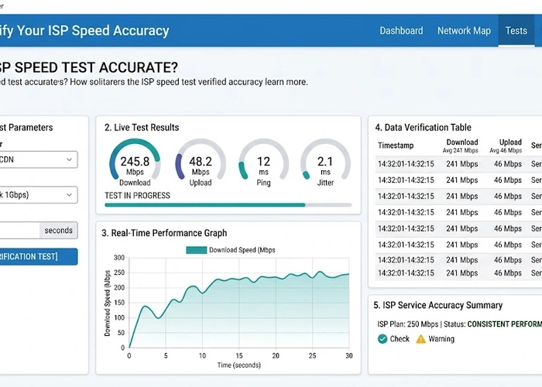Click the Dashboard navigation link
(x=401, y=31)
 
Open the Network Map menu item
(x=464, y=31)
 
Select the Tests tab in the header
(x=516, y=31)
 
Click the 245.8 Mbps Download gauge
(x=135, y=166)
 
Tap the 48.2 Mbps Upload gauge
(x=201, y=166)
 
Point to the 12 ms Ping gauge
(x=263, y=166)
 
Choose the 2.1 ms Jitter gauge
(x=325, y=166)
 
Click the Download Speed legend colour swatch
(x=196, y=250)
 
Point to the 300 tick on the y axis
(x=118, y=258)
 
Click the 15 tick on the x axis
(x=239, y=355)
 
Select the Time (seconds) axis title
(x=239, y=365)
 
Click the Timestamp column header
(x=396, y=146)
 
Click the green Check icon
(x=382, y=339)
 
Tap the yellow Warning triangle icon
(x=421, y=339)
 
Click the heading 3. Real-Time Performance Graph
(x=163, y=233)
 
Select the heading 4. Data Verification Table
(x=423, y=128)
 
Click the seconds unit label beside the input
(x=58, y=230)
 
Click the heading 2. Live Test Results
(x=142, y=128)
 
